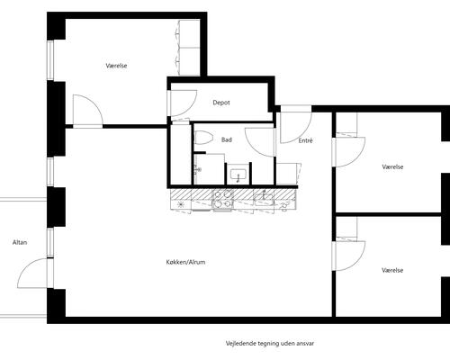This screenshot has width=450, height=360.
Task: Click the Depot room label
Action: [221, 103]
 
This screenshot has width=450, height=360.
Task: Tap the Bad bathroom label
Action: [227, 139]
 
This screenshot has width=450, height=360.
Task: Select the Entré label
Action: [305, 140]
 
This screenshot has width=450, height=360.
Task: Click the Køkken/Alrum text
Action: [185, 262]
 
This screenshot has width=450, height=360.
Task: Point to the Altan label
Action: [20, 242]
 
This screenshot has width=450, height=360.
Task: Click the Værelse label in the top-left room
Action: [116, 66]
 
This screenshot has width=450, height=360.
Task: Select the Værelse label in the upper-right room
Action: [392, 167]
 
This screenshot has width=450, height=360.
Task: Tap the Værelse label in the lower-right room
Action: [392, 270]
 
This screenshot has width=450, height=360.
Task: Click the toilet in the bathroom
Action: [202, 138]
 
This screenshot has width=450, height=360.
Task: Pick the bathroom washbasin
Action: [238, 175]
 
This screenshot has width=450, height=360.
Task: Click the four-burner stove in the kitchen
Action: [222, 199]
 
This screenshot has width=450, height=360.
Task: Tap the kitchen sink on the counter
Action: [264, 197]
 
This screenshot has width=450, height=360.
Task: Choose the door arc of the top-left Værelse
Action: [95, 103]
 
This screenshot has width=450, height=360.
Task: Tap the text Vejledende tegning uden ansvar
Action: [270, 343]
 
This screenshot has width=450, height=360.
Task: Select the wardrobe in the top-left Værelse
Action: [188, 48]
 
